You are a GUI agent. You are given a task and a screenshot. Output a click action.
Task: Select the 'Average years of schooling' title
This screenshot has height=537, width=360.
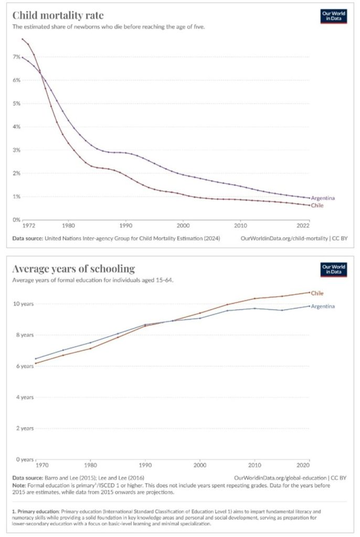73,269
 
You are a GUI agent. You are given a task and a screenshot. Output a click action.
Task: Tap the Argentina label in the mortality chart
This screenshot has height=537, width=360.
323,198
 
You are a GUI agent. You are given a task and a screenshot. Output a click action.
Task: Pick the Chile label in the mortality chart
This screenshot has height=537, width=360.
316,206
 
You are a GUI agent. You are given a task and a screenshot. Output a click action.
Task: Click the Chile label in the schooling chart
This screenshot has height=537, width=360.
316,293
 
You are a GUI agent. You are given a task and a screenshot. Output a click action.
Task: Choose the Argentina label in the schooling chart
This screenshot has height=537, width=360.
323,306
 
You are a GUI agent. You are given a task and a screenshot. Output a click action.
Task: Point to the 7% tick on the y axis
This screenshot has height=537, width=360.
16,57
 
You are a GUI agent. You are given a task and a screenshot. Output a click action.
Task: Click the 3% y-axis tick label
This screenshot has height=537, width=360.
16,150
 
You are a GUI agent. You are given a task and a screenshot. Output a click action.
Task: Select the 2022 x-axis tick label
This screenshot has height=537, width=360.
303,226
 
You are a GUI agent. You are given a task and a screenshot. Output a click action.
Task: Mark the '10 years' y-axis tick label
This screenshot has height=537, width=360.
23,304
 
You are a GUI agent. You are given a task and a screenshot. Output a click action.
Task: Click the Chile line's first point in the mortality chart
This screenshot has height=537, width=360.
22,39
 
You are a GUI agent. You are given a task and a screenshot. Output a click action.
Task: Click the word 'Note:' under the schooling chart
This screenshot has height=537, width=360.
20,485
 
